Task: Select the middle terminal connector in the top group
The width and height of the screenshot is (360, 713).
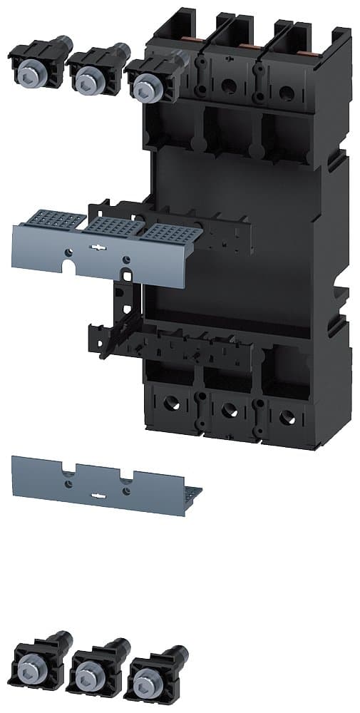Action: (91, 67)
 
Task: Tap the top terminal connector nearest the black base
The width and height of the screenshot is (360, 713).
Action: (151, 78)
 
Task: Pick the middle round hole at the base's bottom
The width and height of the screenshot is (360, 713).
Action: (229, 409)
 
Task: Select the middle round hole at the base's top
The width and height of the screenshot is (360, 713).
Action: (229, 85)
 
